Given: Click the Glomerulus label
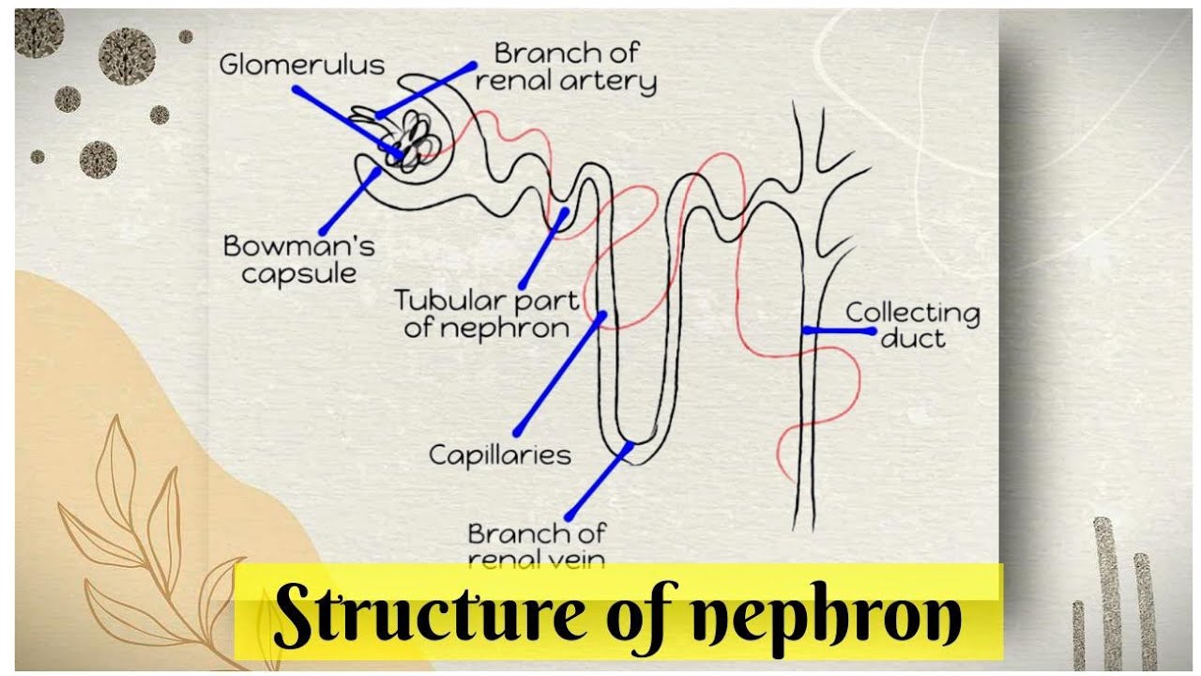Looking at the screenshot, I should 301,65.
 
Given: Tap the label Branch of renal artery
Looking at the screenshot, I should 565,67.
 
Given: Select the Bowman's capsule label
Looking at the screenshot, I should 297,259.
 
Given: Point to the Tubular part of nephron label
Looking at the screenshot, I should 486,314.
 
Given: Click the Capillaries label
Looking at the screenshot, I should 499,455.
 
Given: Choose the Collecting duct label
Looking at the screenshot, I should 912,325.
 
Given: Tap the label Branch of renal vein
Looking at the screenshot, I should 536,545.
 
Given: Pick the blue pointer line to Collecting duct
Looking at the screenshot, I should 839,330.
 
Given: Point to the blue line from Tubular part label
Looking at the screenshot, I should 542,248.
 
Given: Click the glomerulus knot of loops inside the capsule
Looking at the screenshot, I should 414,141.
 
